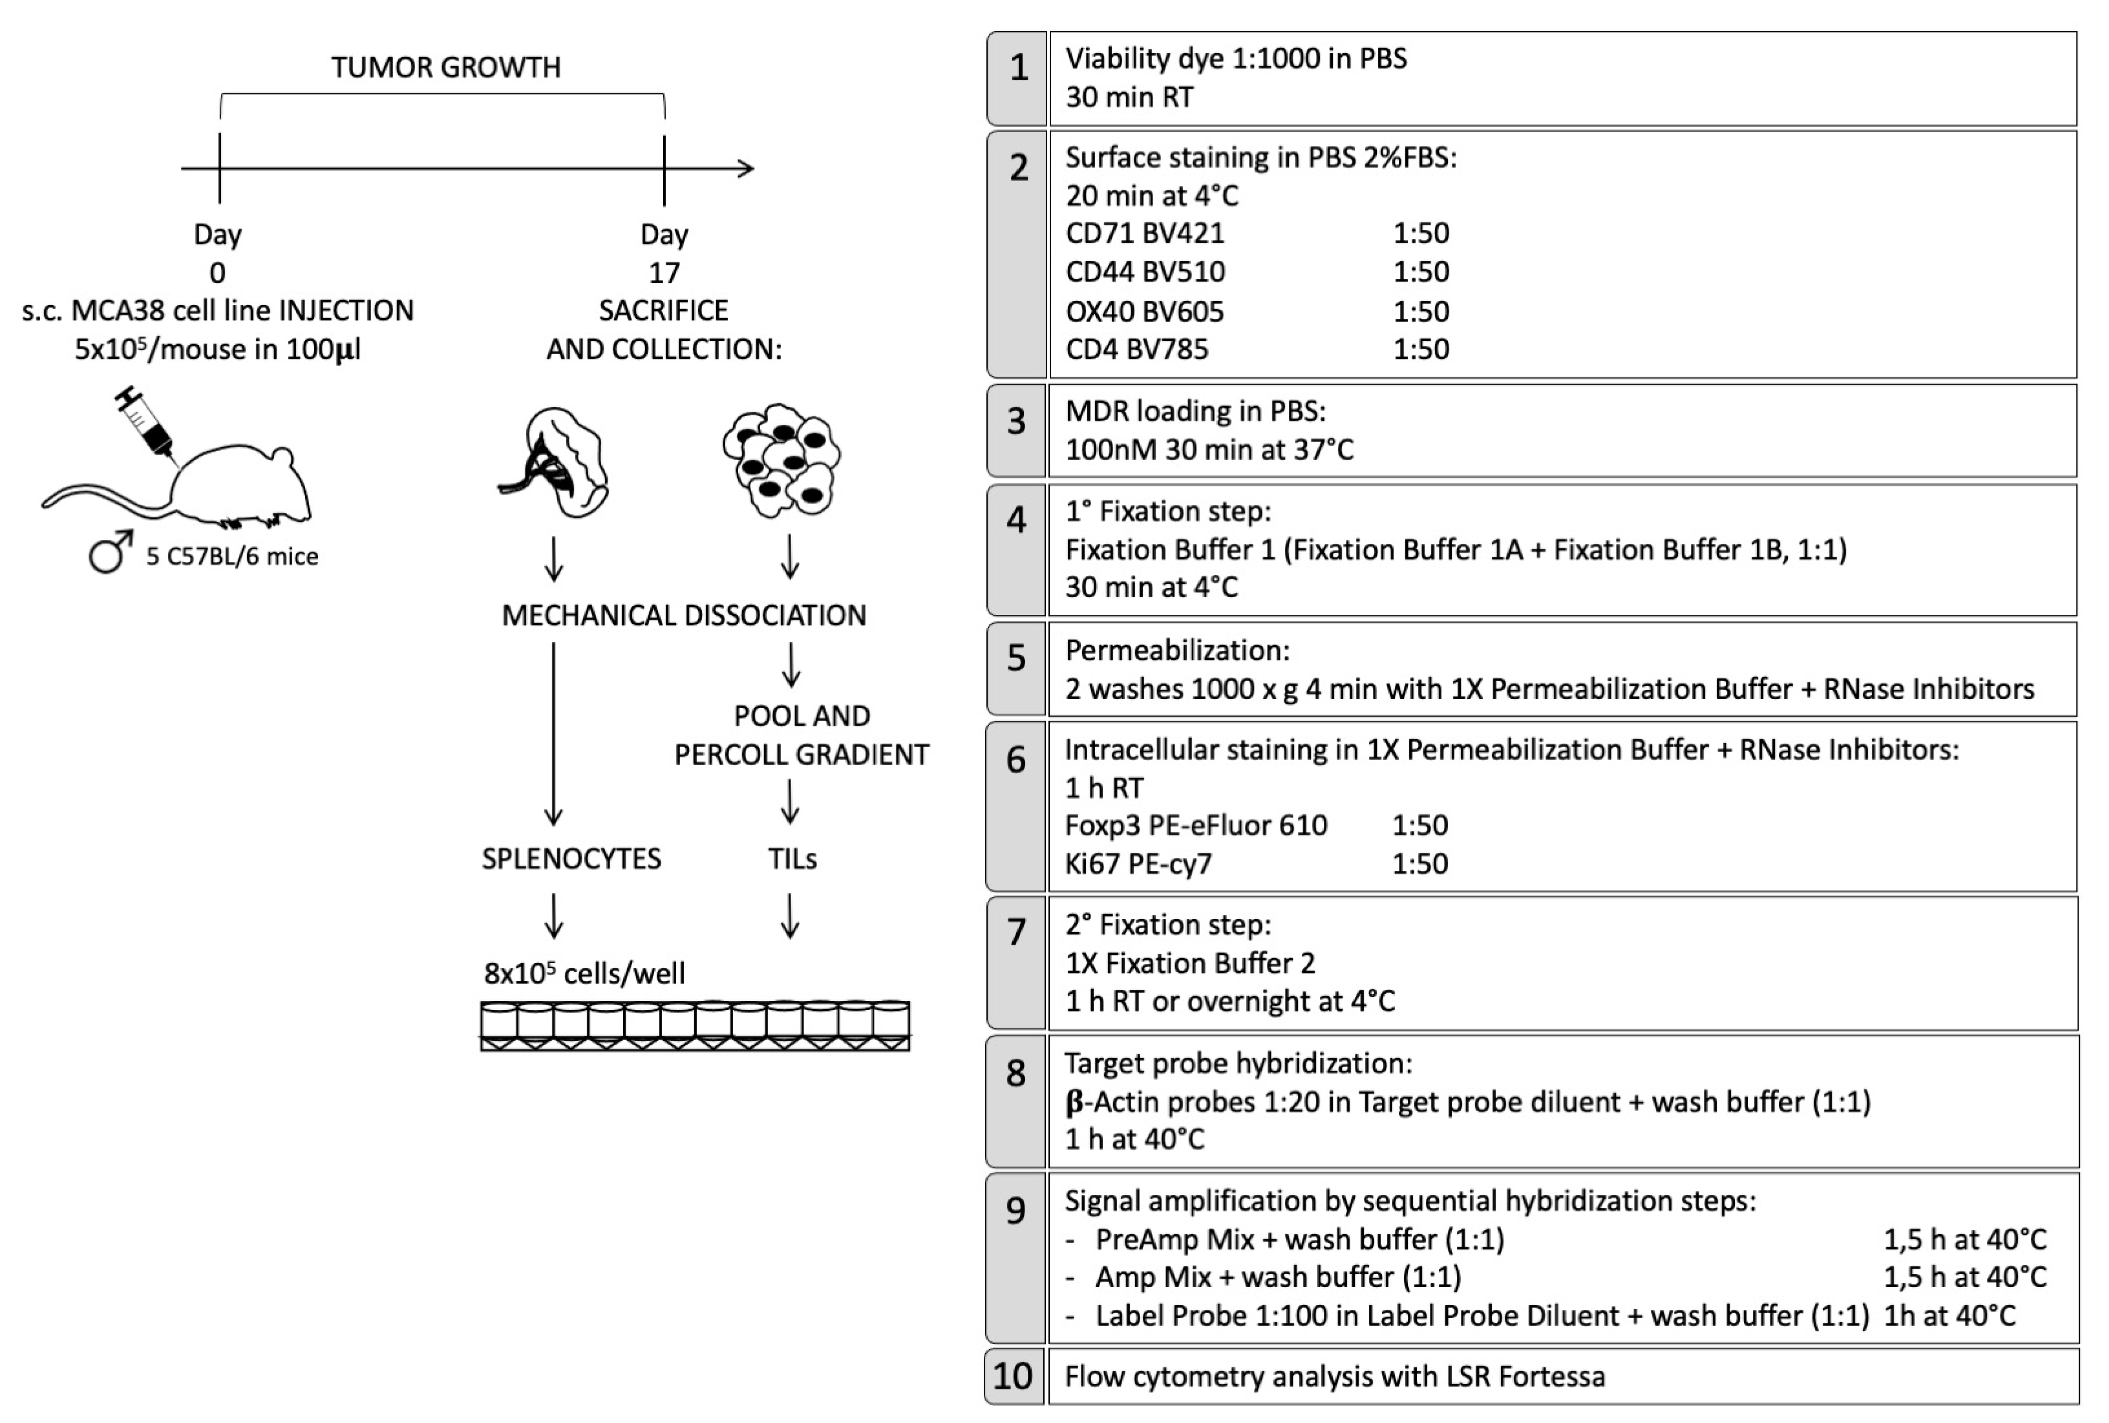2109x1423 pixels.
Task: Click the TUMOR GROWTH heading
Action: [446, 67]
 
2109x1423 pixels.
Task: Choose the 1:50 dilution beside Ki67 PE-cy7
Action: [1420, 863]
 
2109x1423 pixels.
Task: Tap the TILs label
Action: [792, 858]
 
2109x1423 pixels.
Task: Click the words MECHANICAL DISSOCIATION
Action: [684, 615]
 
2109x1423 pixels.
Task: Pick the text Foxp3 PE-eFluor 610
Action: [1195, 825]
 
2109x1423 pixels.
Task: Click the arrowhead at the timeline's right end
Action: [746, 168]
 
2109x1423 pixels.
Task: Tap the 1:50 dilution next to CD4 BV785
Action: [1421, 349]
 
